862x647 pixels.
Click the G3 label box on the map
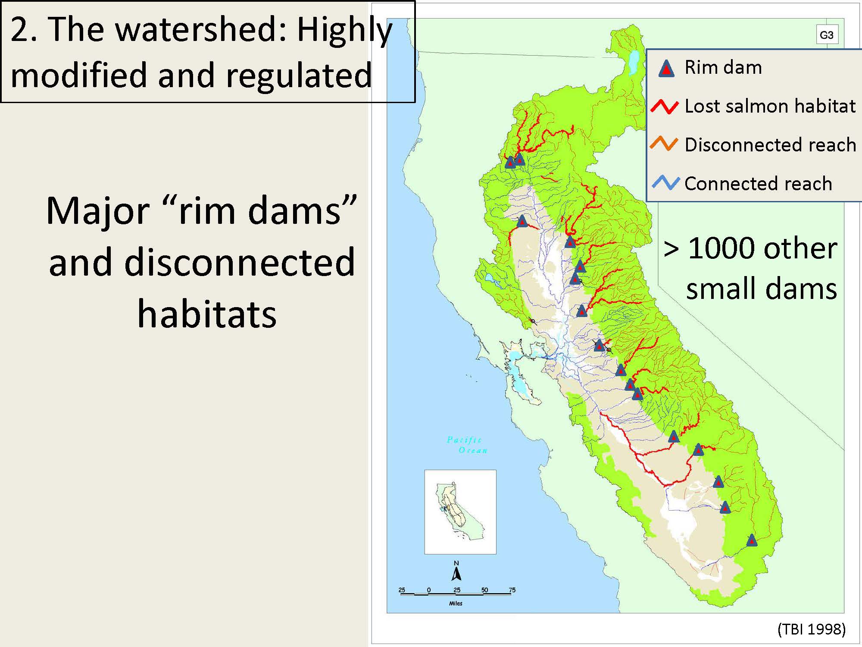point(827,35)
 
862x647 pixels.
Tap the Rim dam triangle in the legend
point(666,69)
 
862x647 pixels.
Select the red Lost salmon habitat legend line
point(665,106)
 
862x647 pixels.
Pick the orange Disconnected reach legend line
point(665,144)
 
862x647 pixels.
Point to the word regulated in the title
point(298,76)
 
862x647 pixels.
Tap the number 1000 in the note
point(723,248)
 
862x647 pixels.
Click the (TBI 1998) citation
point(812,629)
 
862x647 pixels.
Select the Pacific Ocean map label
point(467,445)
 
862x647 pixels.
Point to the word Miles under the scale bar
point(456,603)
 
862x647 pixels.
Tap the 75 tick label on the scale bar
point(512,590)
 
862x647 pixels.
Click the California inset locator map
point(460,512)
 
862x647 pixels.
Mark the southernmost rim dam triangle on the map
point(752,540)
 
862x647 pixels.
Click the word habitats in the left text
point(207,314)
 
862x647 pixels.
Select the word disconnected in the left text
point(240,262)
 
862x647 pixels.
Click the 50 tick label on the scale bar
point(484,590)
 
